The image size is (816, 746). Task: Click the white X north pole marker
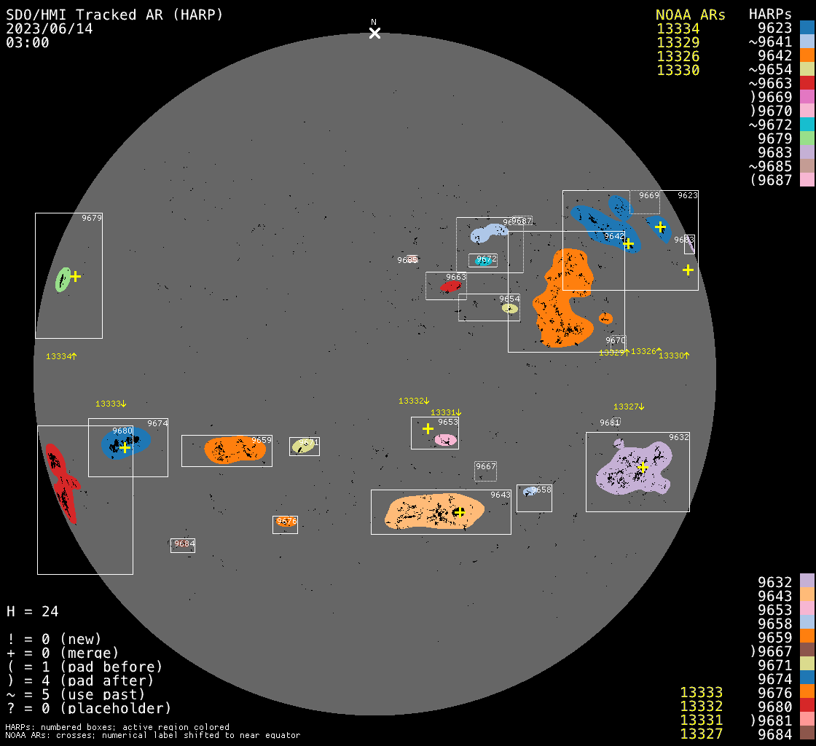[374, 33]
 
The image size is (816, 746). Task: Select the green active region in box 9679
[63, 280]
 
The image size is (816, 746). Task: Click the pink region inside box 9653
[446, 439]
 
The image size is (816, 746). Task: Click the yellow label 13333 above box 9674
[111, 404]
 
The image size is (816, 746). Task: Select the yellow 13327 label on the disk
[629, 407]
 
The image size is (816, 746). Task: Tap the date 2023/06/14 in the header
[50, 28]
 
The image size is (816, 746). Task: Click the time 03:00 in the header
[28, 42]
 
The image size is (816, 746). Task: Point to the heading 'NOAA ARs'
[690, 15]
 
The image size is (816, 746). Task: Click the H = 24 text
[33, 611]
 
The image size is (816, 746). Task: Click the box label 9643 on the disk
[500, 495]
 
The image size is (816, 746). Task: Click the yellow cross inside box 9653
[428, 428]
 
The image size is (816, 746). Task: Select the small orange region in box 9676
[286, 522]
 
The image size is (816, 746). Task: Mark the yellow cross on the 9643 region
[459, 512]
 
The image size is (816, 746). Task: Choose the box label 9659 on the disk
[261, 440]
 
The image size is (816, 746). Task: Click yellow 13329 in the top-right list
[678, 42]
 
